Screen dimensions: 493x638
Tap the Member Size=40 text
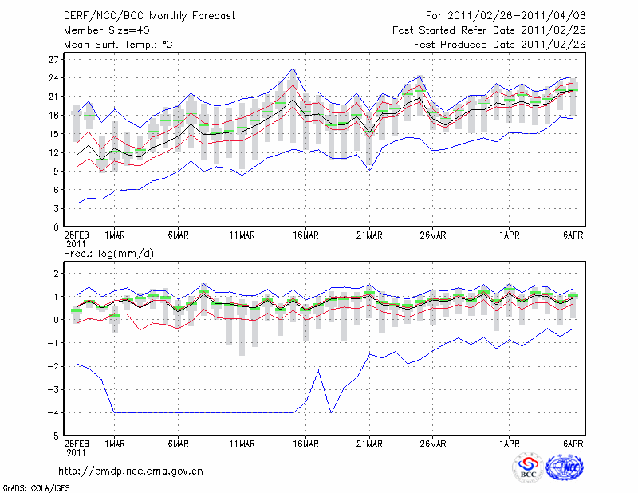[103, 30]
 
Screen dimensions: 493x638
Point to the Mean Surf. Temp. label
[118, 45]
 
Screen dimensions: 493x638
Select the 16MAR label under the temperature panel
[305, 235]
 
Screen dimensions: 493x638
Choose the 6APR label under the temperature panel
[573, 235]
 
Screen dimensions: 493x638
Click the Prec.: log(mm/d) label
[108, 253]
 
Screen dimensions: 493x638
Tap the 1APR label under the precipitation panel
[510, 444]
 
